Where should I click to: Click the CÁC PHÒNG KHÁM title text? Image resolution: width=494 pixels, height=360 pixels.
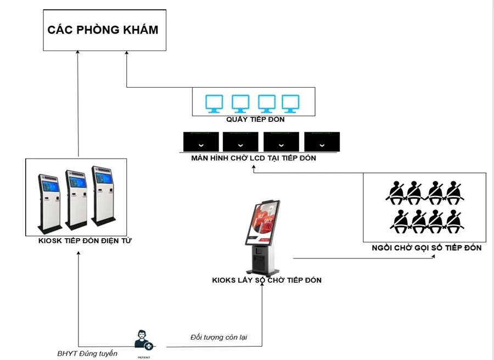(103, 30)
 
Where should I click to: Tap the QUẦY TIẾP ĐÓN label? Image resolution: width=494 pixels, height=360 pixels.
(255, 119)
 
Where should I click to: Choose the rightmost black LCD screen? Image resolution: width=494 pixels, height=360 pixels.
(322, 142)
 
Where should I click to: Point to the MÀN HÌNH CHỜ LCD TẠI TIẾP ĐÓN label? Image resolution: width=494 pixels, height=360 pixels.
(253, 158)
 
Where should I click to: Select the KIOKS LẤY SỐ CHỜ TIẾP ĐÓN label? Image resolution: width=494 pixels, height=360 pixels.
(267, 280)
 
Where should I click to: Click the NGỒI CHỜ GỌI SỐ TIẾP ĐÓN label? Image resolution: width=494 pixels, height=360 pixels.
(426, 248)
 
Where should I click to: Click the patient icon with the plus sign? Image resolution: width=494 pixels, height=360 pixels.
(143, 340)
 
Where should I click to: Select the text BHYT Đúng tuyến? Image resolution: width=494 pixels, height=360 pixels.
(87, 353)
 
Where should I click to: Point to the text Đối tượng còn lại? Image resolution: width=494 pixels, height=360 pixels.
(218, 336)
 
